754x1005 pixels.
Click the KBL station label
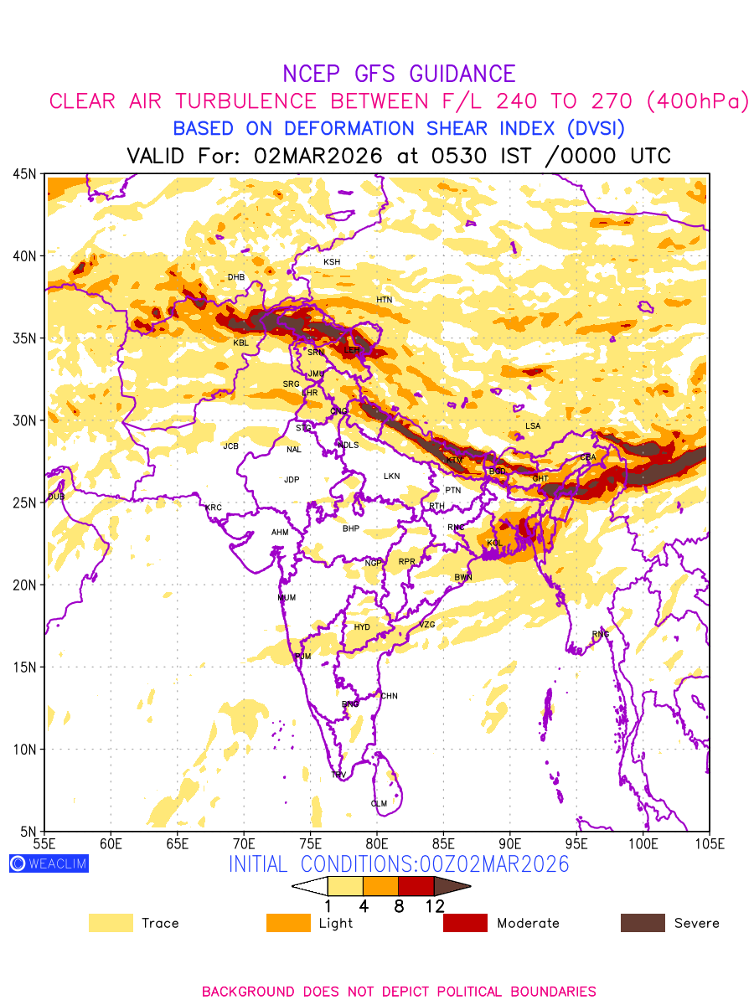[x=240, y=343]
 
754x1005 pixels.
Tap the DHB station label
[x=236, y=277]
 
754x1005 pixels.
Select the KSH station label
[x=332, y=262]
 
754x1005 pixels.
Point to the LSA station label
[x=533, y=426]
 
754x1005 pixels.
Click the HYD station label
[x=362, y=627]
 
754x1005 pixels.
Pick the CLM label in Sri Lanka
[x=379, y=803]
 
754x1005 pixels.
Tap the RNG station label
[x=601, y=634]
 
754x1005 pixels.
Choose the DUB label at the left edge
[x=55, y=497]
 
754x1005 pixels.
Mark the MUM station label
[x=287, y=598]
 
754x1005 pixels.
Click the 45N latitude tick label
[x=23, y=173]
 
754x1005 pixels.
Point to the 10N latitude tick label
[x=23, y=750]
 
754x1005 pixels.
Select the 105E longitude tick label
[x=709, y=843]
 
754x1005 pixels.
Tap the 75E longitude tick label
[x=310, y=843]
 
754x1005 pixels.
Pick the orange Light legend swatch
[x=287, y=923]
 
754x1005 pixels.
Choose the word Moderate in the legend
[x=528, y=923]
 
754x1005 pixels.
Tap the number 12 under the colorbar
[x=434, y=905]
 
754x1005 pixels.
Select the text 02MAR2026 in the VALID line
[x=318, y=156]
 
